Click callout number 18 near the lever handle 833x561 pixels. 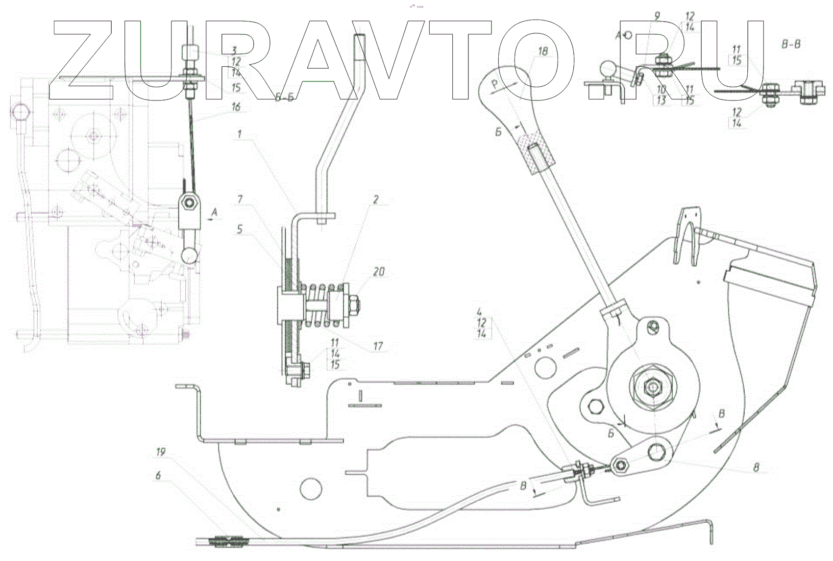[x=542, y=51]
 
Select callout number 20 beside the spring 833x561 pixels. [x=379, y=272]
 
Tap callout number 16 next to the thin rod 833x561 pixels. [x=236, y=107]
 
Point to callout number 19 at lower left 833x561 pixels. [x=161, y=452]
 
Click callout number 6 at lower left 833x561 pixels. [x=158, y=476]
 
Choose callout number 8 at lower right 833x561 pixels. [x=756, y=468]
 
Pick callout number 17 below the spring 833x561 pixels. [x=378, y=346]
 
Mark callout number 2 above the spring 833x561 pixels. [x=376, y=200]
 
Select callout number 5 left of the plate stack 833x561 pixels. [x=240, y=229]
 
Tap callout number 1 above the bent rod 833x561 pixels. [x=240, y=134]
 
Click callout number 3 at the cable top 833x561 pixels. [x=234, y=51]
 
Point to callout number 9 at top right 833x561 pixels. [x=657, y=16]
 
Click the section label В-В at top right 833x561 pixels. [x=791, y=45]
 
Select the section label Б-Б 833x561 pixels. [x=285, y=98]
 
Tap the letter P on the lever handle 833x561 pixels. [x=495, y=86]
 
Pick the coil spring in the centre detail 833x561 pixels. [x=321, y=305]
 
